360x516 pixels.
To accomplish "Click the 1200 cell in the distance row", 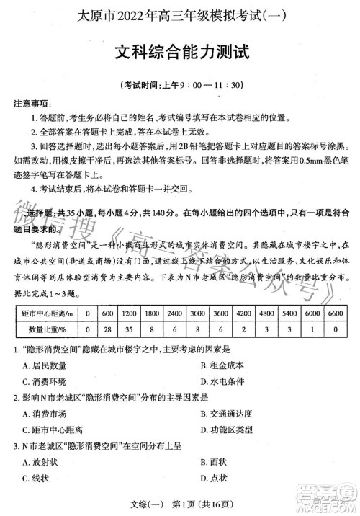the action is (x=129, y=314).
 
